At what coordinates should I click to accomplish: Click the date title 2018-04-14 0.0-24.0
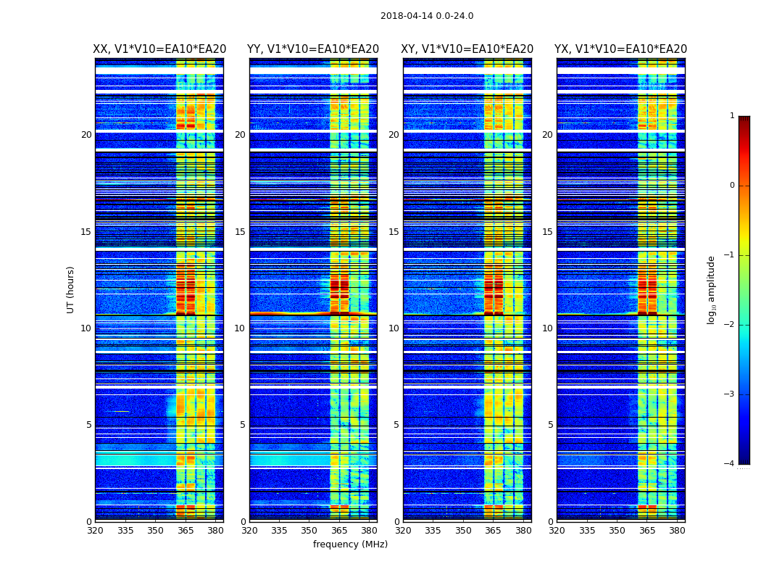pyautogui.click(x=427, y=16)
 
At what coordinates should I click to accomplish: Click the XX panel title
pyautogui.click(x=159, y=49)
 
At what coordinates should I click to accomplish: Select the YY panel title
pyautogui.click(x=313, y=49)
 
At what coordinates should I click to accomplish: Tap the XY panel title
pyautogui.click(x=467, y=49)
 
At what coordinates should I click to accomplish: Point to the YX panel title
pyautogui.click(x=621, y=49)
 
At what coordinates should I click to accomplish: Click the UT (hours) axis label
pyautogui.click(x=71, y=289)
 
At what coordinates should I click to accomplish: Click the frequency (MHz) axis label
pyautogui.click(x=350, y=544)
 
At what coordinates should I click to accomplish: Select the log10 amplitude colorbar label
pyautogui.click(x=712, y=289)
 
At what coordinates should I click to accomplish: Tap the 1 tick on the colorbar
pyautogui.click(x=732, y=116)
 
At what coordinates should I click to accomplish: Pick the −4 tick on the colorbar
pyautogui.click(x=730, y=464)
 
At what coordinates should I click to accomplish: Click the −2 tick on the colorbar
pyautogui.click(x=730, y=325)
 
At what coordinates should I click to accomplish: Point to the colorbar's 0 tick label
pyautogui.click(x=732, y=186)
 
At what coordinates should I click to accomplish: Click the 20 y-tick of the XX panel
pyautogui.click(x=86, y=135)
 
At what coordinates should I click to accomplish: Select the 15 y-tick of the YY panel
pyautogui.click(x=240, y=232)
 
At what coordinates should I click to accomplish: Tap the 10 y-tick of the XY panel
pyautogui.click(x=394, y=328)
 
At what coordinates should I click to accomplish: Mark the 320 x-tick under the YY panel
pyautogui.click(x=249, y=531)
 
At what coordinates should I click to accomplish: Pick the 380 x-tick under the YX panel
pyautogui.click(x=677, y=531)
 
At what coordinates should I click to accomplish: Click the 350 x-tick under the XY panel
pyautogui.click(x=463, y=531)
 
